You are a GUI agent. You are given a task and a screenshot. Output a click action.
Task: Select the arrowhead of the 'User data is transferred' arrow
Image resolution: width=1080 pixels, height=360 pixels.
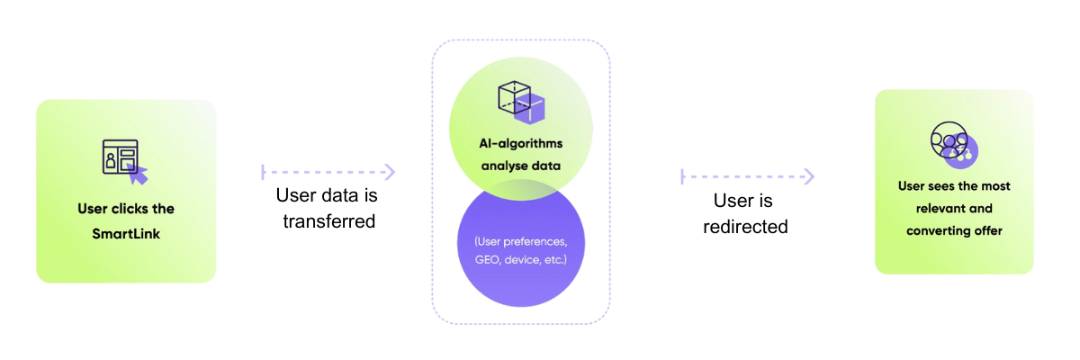click(390, 171)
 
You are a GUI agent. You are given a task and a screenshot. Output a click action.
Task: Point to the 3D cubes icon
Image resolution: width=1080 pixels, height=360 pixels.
click(521, 101)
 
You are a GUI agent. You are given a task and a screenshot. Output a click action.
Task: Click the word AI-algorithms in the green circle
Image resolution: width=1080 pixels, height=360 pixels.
click(520, 143)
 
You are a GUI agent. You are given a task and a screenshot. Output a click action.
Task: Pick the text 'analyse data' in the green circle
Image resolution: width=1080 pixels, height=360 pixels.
click(520, 166)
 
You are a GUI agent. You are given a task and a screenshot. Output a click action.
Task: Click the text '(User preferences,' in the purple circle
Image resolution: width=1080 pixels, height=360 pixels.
click(520, 241)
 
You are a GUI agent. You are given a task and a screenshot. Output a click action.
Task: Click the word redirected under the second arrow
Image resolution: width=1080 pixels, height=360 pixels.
click(744, 227)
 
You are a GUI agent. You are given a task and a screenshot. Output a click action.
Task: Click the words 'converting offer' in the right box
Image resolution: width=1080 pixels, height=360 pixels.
click(954, 231)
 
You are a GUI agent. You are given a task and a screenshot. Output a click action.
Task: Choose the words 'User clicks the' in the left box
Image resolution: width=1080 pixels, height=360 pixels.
click(126, 209)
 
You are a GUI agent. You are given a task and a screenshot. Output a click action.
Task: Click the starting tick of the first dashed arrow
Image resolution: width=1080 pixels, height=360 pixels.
click(263, 171)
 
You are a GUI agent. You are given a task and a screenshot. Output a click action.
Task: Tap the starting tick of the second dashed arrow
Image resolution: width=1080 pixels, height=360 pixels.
click(682, 176)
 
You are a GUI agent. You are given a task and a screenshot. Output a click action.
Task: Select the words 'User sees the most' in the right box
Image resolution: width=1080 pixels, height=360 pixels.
click(954, 186)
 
